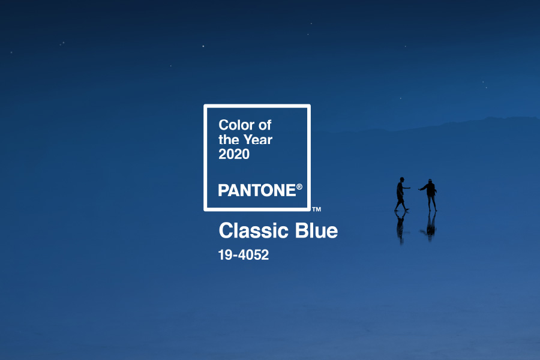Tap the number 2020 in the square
pos(234,154)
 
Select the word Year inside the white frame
pos(257,140)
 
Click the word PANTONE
pos(257,191)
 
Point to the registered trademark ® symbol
pos(299,187)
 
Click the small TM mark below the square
pos(316,209)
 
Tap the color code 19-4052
pos(243,254)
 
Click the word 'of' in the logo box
pos(265,125)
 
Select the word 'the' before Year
pos(229,140)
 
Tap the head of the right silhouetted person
pos(430,181)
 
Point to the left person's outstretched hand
pos(410,188)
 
